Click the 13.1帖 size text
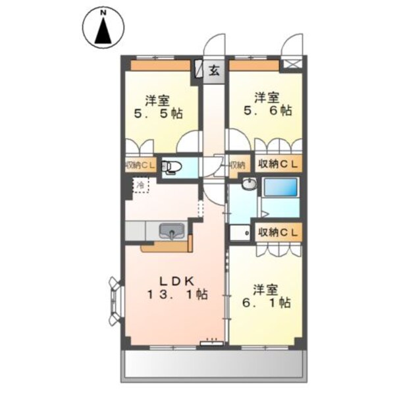pyautogui.click(x=176, y=294)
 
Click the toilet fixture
pyautogui.click(x=171, y=168)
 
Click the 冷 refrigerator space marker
pyautogui.click(x=140, y=186)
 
